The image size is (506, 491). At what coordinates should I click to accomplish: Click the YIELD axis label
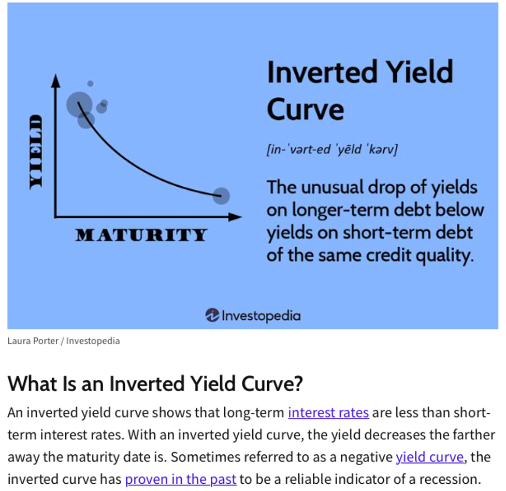coord(36,152)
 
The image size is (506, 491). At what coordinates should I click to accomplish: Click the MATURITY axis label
coord(141,235)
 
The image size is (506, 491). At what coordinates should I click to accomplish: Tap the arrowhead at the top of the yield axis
coord(56,81)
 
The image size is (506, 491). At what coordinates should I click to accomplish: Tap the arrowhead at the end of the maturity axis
coord(235,217)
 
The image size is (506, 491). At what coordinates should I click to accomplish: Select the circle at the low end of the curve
coord(221,196)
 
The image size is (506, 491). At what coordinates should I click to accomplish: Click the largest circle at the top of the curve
coord(79,105)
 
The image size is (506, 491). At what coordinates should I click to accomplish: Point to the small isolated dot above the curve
coord(90,83)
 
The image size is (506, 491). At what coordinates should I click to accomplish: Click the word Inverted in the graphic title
coord(322,72)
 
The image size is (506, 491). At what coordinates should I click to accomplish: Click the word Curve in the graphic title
coord(305,109)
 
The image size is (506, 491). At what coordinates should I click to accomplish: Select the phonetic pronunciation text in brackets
coord(332,150)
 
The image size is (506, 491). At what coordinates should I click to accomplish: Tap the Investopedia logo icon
coord(212,315)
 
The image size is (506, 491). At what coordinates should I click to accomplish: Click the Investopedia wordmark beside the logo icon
coord(261,316)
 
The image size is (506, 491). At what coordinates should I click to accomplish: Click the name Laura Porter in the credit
coord(33,341)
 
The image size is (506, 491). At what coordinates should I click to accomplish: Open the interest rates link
coord(328,413)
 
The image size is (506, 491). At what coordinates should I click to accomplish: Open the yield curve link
coord(429,457)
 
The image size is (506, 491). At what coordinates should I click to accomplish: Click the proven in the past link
coord(181,480)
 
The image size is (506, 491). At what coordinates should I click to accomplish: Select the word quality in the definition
coord(445,256)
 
